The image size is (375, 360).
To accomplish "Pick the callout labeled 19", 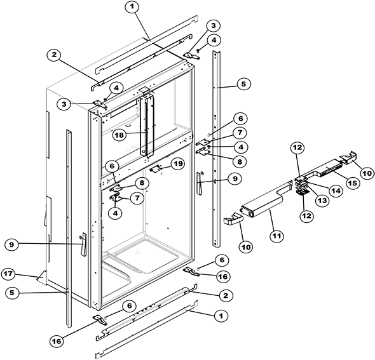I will coord(179,163).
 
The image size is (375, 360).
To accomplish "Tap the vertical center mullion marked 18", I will coord(148,124).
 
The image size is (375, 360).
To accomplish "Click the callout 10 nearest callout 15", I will coord(367,172).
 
